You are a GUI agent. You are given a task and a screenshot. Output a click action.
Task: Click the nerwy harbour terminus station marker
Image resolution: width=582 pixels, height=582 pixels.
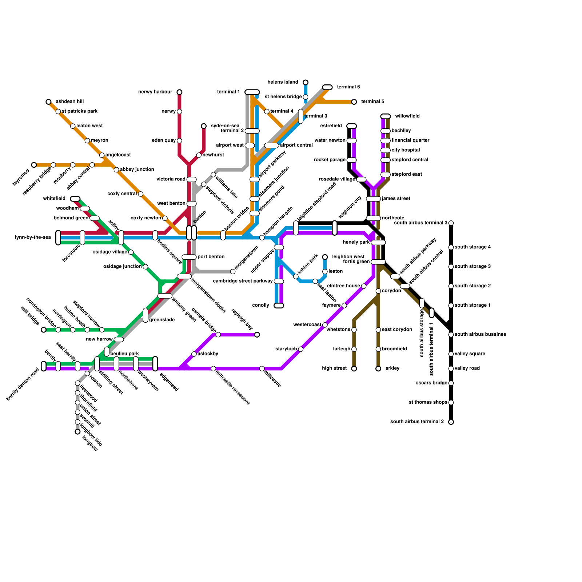pos(179,92)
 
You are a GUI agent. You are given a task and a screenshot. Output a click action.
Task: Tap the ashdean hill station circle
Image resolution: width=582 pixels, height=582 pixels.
pos(48,102)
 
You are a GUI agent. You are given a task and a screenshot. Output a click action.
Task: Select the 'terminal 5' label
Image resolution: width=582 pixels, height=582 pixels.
pos(372,101)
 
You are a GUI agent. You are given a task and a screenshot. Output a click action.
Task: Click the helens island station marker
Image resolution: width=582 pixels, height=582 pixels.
pos(306,82)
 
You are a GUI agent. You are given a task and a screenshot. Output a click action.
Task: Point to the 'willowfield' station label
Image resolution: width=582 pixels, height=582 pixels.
pos(407,116)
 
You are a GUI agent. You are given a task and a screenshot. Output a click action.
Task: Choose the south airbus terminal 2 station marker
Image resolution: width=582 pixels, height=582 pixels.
pos(451,422)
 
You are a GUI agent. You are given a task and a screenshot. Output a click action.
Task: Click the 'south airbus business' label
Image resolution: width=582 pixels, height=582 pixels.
pos(480,334)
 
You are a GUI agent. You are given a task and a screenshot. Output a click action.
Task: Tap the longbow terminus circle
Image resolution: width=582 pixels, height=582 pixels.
pos(77,432)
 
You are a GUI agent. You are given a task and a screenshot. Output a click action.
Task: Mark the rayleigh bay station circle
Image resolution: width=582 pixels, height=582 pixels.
pos(257,335)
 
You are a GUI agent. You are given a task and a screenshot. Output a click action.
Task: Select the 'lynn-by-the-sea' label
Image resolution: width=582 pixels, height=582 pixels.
pos(33,238)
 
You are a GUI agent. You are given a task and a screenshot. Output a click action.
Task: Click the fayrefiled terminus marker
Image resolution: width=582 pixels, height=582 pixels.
pos(34,165)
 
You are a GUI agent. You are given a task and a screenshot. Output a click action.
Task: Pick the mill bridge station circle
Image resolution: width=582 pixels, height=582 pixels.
pos(44,330)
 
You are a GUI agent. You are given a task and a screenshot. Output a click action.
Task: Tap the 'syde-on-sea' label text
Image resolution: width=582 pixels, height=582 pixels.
pos(225,126)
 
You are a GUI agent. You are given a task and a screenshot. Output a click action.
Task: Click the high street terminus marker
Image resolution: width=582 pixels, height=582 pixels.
pos(354,368)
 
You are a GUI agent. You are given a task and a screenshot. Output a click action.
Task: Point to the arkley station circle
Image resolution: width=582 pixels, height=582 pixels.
pos(378,368)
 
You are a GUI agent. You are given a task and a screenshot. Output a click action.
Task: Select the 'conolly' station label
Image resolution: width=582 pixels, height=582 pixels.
pos(260,305)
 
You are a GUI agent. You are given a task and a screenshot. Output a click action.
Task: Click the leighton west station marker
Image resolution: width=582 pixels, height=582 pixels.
pos(325,257)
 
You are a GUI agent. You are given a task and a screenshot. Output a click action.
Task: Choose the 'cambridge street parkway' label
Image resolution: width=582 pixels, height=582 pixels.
pos(243,281)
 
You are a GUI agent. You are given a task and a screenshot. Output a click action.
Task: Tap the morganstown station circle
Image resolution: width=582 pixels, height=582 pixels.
pos(233,271)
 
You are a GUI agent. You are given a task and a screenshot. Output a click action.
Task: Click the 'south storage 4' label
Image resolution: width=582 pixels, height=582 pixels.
pos(473,247)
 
